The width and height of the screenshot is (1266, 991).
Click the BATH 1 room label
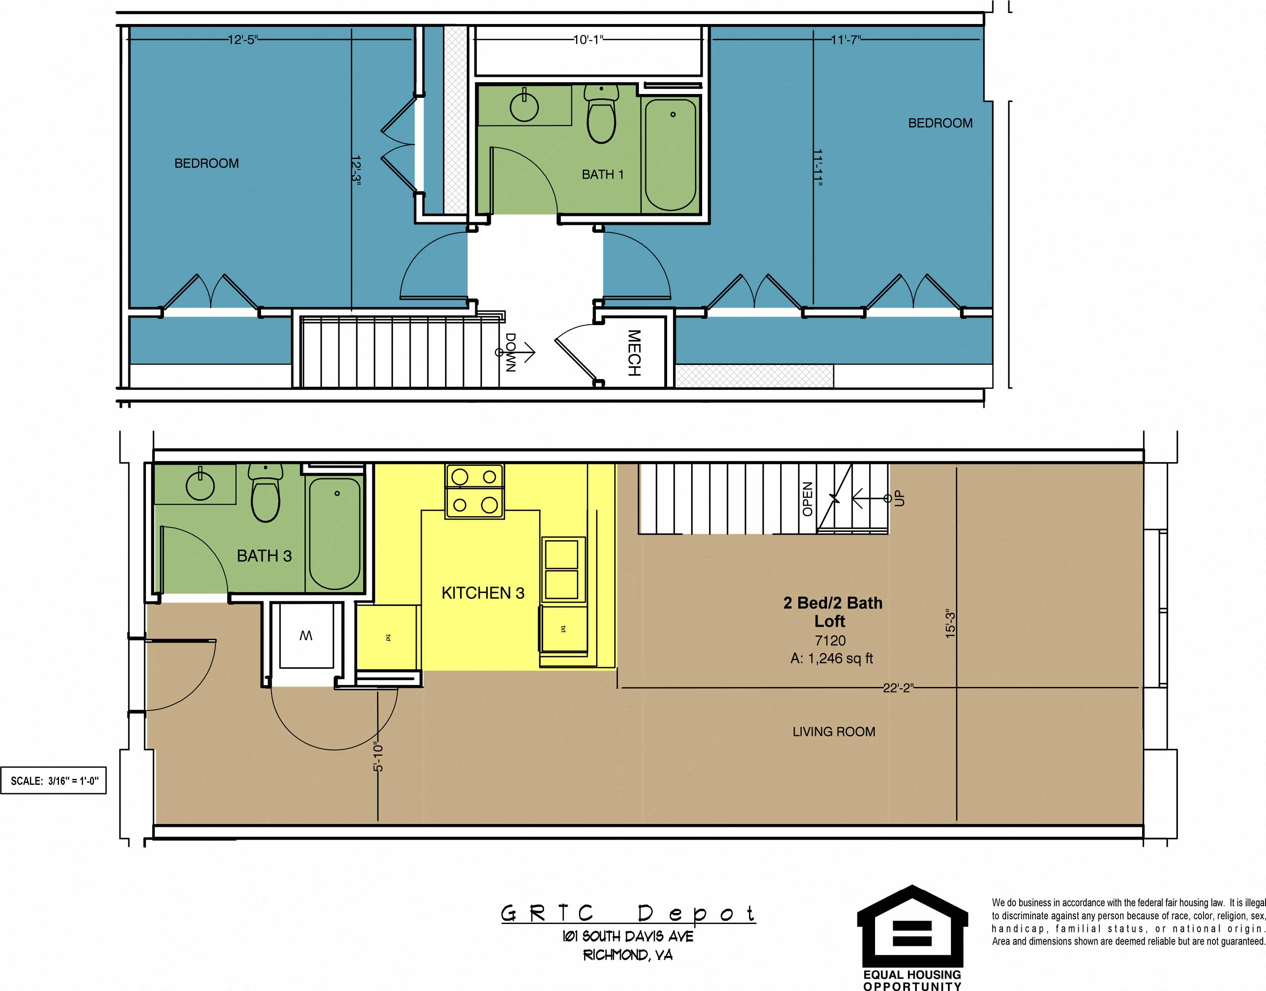pyautogui.click(x=602, y=174)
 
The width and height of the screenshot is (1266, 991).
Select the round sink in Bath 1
pyautogui.click(x=524, y=107)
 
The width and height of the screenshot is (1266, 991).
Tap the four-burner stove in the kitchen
pyautogui.click(x=474, y=491)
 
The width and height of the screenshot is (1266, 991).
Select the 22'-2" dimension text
pyautogui.click(x=897, y=688)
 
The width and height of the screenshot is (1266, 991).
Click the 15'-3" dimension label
pyautogui.click(x=950, y=624)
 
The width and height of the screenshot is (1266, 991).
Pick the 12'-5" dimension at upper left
pyautogui.click(x=242, y=40)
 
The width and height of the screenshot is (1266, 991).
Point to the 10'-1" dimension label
pyautogui.click(x=588, y=40)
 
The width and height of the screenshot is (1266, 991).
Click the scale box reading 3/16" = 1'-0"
pyautogui.click(x=54, y=781)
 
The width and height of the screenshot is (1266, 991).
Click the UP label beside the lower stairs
pyautogui.click(x=899, y=498)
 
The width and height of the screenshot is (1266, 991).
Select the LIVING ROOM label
pyautogui.click(x=834, y=732)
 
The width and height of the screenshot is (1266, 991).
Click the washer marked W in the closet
pyautogui.click(x=306, y=636)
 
